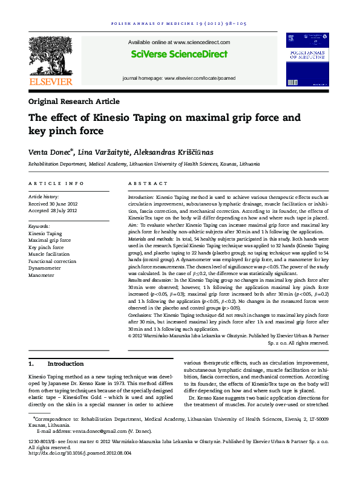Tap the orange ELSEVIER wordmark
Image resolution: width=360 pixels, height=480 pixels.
coord(51,82)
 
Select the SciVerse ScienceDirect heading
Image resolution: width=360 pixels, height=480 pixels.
coord(179,54)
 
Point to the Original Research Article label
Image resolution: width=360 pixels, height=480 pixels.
coord(74,102)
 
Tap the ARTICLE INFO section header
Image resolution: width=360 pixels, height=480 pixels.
coord(57,183)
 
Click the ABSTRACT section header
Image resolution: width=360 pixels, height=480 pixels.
coord(148,183)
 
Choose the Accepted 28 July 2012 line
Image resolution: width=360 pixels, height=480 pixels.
coord(53,210)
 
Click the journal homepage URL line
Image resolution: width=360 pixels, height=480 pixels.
coord(180,79)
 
